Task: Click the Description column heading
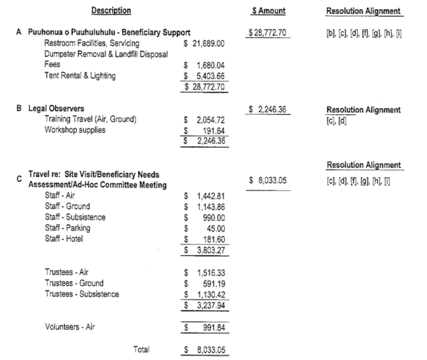[111, 11]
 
